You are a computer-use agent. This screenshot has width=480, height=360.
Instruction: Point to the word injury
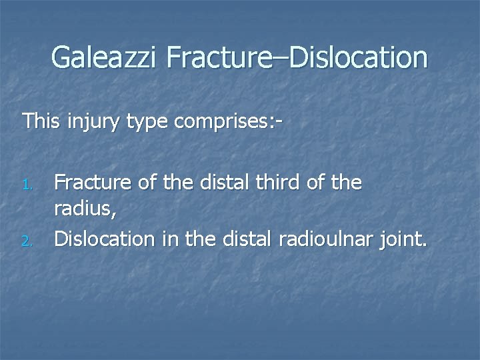pos(85,123)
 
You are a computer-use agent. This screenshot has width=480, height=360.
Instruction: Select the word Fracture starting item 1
pos(91,183)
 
